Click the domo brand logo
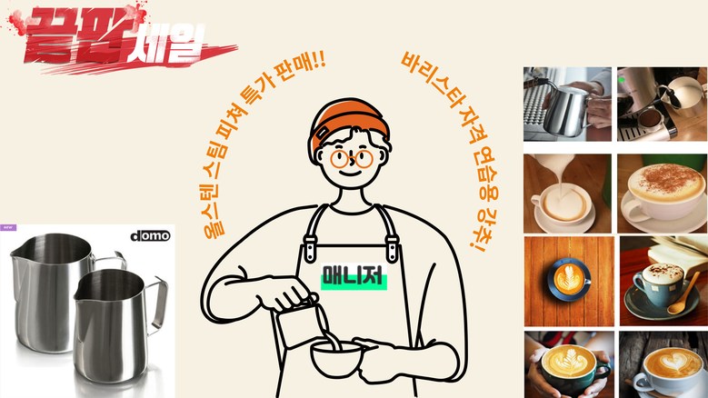tap(150, 236)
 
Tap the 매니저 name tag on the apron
tap(354, 275)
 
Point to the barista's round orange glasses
tap(352, 159)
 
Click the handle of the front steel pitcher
tap(156, 303)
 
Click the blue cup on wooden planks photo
tap(569, 281)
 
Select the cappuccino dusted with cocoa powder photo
tap(663, 194)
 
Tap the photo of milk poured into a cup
tap(567, 194)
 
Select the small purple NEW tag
tap(8, 228)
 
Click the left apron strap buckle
tap(309, 247)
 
